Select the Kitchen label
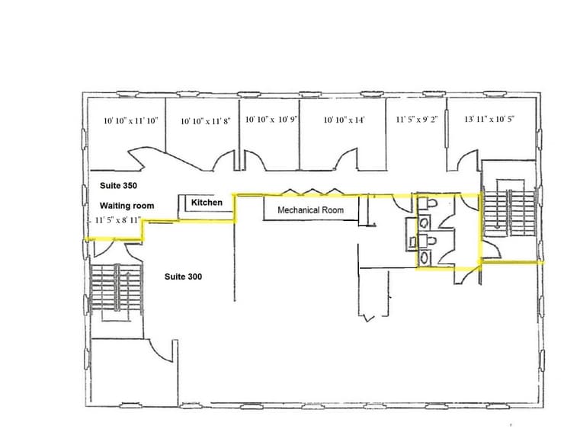(x=207, y=203)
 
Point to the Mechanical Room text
(x=310, y=210)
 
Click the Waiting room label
(x=127, y=206)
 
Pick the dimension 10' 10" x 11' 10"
(x=130, y=120)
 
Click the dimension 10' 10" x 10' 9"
(x=271, y=120)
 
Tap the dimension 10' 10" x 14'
(x=344, y=120)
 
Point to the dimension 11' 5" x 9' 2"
(x=417, y=120)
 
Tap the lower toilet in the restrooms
(x=427, y=241)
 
